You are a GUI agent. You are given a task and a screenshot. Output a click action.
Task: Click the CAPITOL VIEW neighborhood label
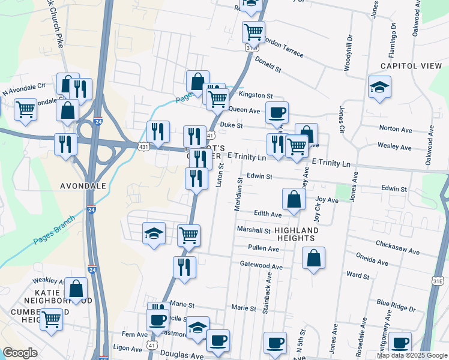[x=411, y=66]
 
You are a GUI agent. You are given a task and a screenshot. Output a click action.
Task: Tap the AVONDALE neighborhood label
[x=83, y=186]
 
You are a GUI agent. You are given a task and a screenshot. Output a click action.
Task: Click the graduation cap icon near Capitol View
[x=379, y=86]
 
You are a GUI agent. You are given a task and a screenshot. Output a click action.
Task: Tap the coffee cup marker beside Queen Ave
[x=277, y=112]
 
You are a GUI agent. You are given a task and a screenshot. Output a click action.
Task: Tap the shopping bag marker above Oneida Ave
[x=313, y=258]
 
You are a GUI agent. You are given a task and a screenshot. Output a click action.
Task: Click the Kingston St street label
[x=256, y=95]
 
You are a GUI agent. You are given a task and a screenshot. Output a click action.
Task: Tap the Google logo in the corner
[x=20, y=353]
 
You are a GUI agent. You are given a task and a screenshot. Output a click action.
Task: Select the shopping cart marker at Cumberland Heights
[x=51, y=319]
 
